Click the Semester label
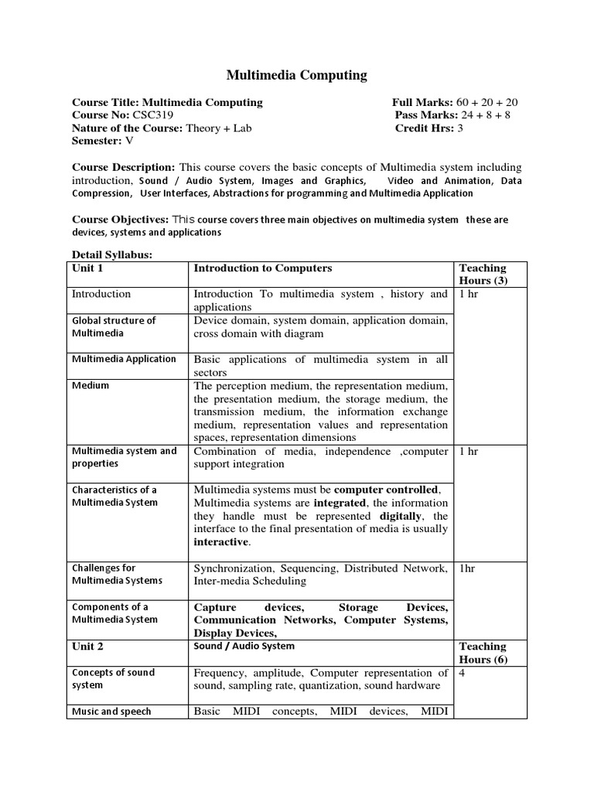click(x=97, y=142)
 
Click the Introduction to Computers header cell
click(x=262, y=268)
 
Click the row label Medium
click(x=90, y=385)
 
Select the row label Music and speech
click(x=111, y=712)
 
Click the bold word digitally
click(x=402, y=516)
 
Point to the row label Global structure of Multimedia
click(x=114, y=326)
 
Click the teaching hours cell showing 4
click(x=462, y=673)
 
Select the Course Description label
click(x=123, y=167)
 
